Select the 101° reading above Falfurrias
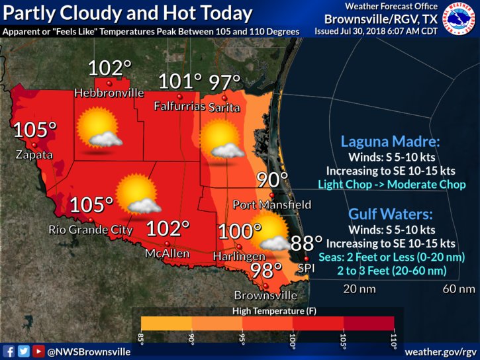(x=180, y=82)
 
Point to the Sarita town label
(x=224, y=107)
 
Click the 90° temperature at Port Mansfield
(x=272, y=180)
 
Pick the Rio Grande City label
(x=91, y=230)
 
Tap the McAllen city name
(x=168, y=253)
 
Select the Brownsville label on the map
(x=263, y=295)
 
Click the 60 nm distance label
(x=459, y=289)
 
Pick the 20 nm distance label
(x=359, y=289)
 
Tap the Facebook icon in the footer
(x=9, y=351)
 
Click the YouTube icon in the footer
(x=38, y=351)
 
